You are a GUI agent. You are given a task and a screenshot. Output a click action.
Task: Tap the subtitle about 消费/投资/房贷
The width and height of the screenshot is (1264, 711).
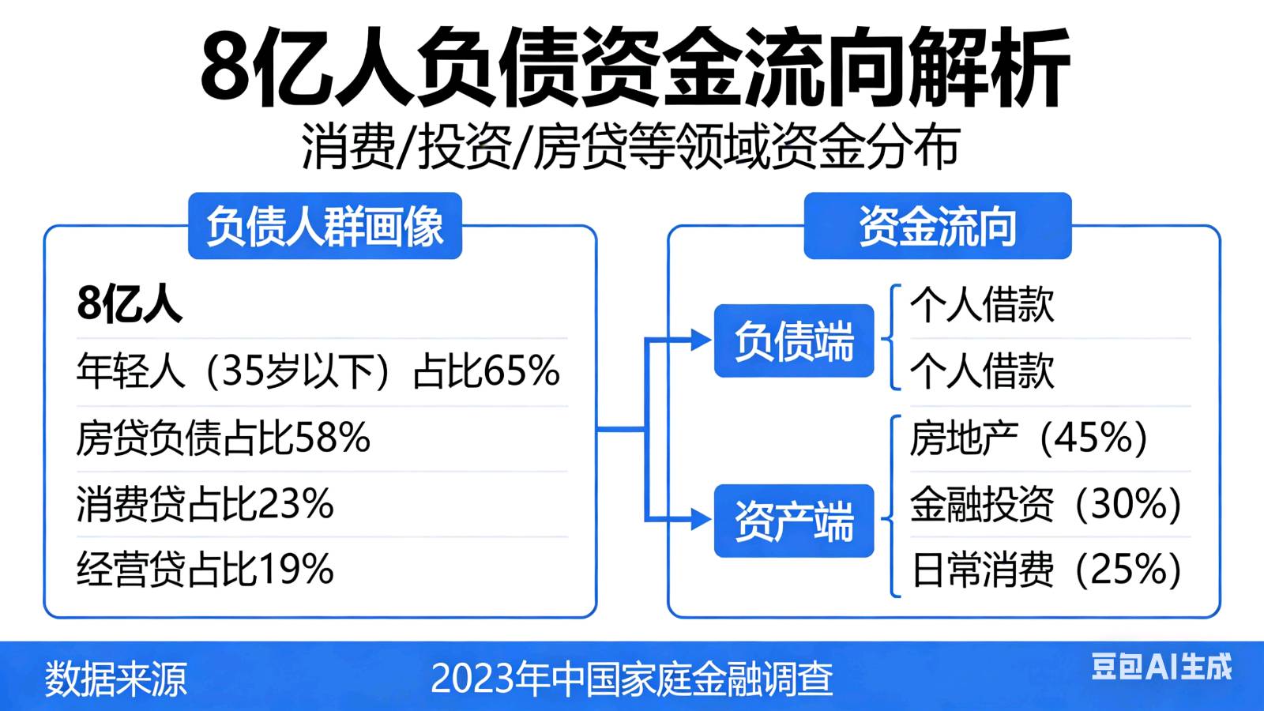point(631,147)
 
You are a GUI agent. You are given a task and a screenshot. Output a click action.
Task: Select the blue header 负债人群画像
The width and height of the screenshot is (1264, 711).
point(325,226)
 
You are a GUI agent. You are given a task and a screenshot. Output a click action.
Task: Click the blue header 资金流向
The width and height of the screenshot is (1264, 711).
point(937,226)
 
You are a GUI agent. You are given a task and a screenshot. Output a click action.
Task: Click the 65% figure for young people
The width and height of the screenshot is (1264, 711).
point(521,371)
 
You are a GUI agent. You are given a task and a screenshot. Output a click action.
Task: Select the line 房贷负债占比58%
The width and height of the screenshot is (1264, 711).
point(224,438)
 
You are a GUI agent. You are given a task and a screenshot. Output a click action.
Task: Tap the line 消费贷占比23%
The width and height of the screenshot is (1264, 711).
point(205,502)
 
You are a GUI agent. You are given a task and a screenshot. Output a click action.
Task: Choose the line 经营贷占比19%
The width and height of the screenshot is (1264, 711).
point(205,568)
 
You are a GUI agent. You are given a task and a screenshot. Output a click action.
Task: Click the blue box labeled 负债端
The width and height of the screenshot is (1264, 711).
point(794,340)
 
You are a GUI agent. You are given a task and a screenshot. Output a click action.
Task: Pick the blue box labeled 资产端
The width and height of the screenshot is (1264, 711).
point(794,521)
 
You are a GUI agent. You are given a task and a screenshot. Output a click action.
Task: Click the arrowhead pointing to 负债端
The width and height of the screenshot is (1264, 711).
point(701,340)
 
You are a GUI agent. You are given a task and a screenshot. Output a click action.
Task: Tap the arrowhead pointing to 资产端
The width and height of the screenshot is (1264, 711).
point(701,519)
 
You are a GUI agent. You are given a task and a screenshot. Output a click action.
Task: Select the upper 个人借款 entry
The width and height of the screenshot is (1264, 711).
point(983,305)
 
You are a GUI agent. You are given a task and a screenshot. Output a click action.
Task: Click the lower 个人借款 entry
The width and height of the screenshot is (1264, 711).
point(983,371)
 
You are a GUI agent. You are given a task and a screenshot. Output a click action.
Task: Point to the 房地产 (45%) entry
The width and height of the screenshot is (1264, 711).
point(1029,438)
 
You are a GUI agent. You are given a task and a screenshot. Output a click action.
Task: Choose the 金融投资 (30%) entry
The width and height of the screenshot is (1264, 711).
point(1046,503)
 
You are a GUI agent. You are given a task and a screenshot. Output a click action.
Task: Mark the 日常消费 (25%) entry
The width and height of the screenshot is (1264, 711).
point(1046,569)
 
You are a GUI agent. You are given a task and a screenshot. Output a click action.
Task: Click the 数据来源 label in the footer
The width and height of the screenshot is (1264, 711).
point(115,678)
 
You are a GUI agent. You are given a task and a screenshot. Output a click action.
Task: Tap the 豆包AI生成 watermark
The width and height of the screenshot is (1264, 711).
point(1162,667)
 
